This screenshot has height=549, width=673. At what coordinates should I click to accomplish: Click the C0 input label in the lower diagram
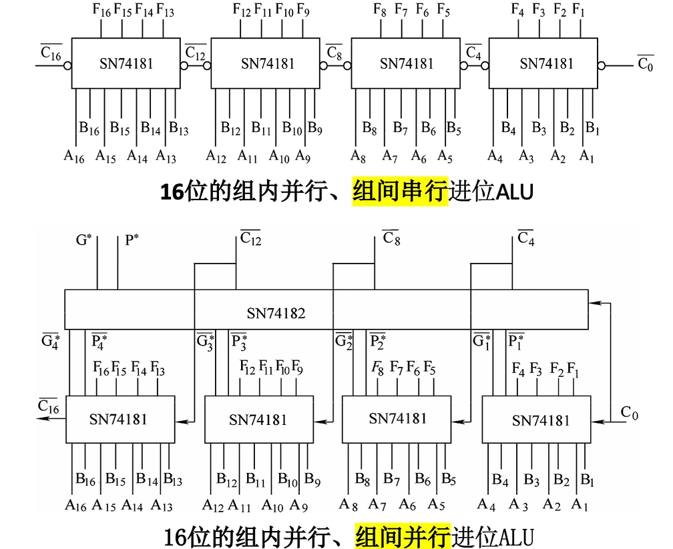click(x=629, y=413)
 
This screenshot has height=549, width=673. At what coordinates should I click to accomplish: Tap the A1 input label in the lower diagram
click(x=580, y=505)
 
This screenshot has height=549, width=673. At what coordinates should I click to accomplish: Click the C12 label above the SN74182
click(x=250, y=238)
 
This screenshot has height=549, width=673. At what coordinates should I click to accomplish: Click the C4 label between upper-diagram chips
click(x=473, y=52)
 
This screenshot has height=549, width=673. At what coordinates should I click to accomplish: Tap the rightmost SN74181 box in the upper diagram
click(x=546, y=63)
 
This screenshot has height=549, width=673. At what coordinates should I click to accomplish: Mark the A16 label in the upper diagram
click(x=74, y=157)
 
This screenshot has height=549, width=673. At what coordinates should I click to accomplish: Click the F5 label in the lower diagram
click(x=430, y=368)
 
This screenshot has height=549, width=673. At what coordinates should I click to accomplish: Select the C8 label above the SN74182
click(x=391, y=238)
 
